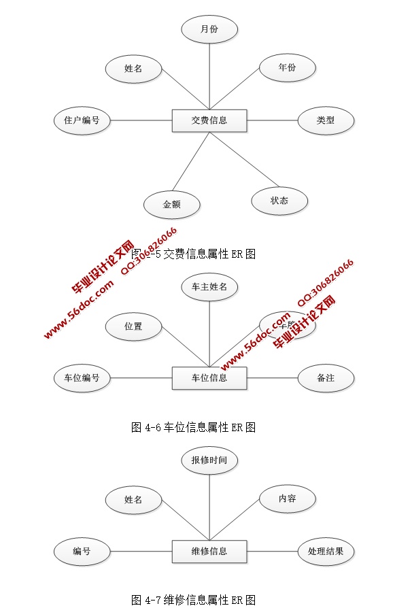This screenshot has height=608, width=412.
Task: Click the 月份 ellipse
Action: point(209,29)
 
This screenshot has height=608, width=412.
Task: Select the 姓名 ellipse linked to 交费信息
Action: point(133,69)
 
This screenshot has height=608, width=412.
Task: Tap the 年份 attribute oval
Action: point(287,68)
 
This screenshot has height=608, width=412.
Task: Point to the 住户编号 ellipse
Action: point(82,120)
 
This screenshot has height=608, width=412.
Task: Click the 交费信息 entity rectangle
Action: point(209,120)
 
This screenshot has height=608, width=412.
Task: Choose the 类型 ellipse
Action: point(326,120)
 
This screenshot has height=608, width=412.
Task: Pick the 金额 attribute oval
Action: point(172,204)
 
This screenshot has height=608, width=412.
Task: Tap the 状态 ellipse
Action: point(279,201)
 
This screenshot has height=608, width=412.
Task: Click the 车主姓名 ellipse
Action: point(209,287)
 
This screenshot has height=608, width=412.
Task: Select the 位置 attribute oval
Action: point(133,326)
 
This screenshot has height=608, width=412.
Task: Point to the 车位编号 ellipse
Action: point(82,377)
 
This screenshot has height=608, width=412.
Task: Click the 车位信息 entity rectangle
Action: point(209,377)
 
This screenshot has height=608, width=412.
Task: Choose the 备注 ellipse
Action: point(326,377)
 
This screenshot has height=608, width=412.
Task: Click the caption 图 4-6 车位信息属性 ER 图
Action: point(193,427)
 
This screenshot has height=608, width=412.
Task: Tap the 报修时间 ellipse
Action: point(209,460)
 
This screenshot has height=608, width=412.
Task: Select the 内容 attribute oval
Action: point(287,499)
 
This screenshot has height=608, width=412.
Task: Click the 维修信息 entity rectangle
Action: point(209,551)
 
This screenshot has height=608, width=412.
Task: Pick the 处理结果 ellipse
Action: point(326,551)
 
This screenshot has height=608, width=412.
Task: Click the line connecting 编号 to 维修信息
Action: point(141,551)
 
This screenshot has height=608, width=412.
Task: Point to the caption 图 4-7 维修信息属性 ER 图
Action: point(193,600)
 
